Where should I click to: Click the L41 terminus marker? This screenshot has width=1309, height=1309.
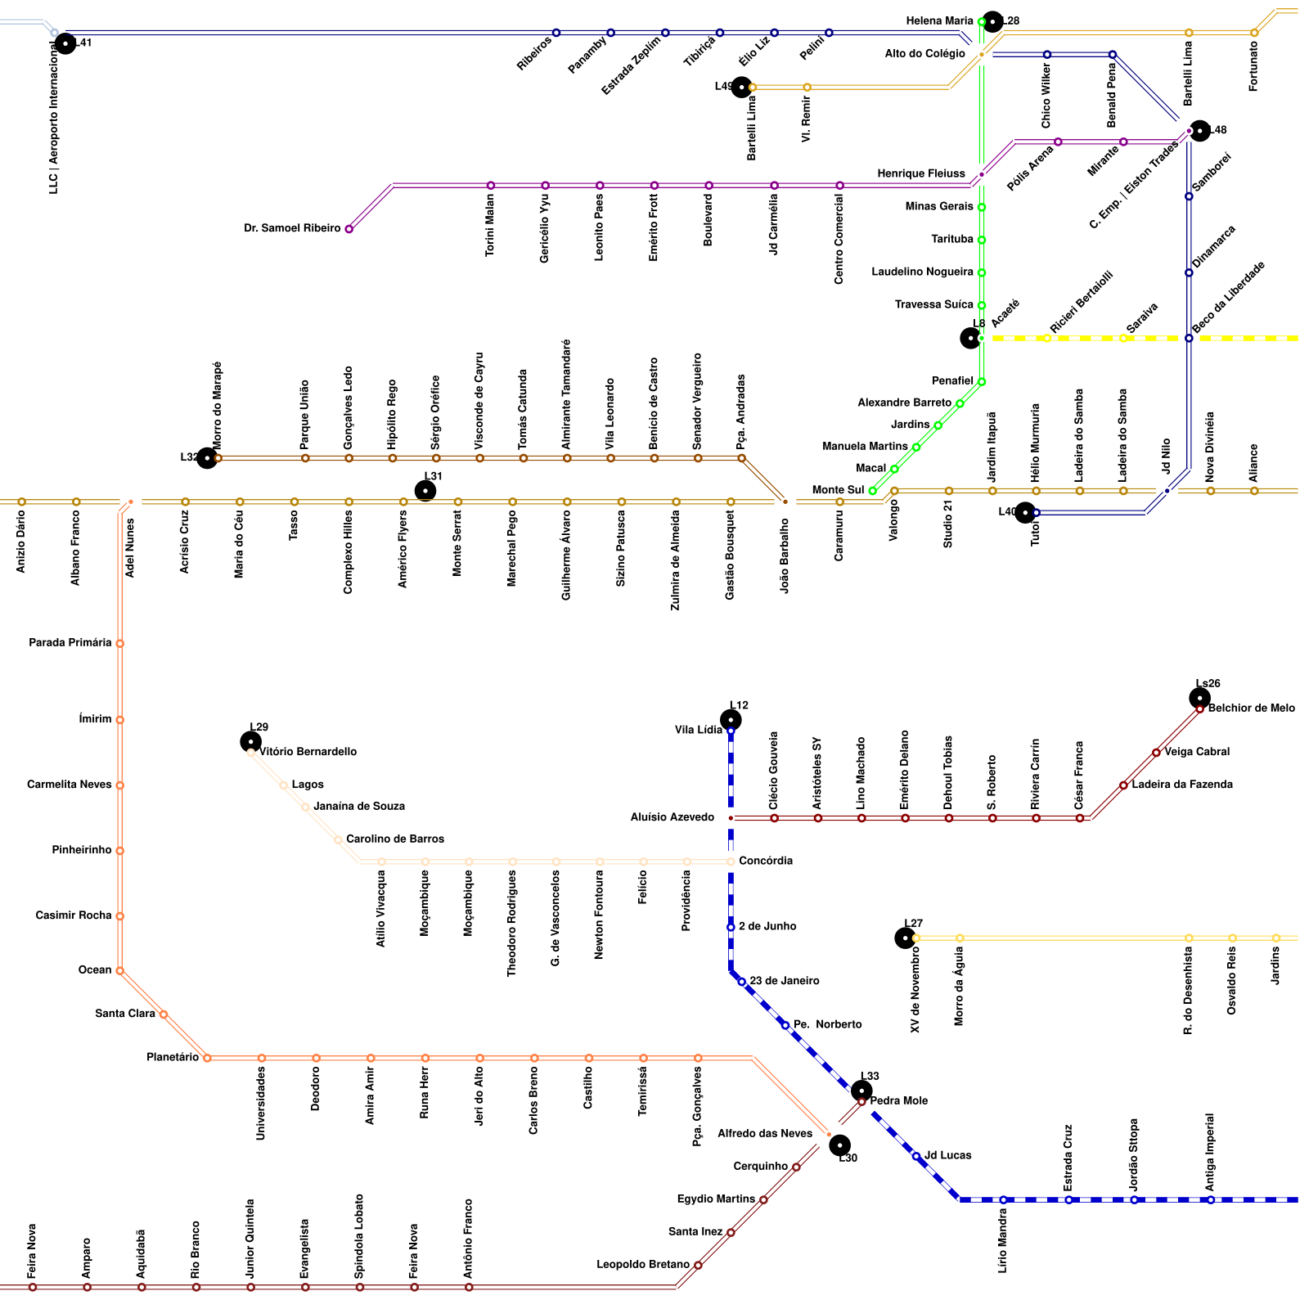tap(65, 43)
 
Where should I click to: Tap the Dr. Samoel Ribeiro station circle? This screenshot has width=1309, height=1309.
tap(349, 229)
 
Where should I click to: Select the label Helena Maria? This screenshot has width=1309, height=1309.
tap(939, 21)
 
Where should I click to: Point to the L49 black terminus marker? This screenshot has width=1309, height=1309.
tap(741, 87)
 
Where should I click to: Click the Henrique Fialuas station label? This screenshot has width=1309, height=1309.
tap(920, 174)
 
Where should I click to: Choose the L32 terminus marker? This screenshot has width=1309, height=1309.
tap(207, 458)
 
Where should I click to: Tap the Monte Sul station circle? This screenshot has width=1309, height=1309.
tap(873, 491)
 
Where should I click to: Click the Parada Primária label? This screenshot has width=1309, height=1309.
tap(70, 643)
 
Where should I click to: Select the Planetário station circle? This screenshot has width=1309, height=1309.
tap(207, 1058)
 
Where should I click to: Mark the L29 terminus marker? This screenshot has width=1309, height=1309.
tap(250, 741)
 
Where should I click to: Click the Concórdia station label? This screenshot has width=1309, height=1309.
tap(765, 861)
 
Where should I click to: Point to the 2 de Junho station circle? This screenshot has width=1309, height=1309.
tap(731, 927)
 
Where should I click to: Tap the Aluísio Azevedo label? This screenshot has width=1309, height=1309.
tap(672, 818)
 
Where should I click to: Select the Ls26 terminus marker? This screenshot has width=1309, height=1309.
tap(1199, 698)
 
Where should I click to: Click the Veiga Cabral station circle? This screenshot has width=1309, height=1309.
tap(1156, 753)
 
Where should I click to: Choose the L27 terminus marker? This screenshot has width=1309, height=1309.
tap(905, 938)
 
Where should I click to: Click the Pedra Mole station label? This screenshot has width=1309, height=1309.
tap(898, 1101)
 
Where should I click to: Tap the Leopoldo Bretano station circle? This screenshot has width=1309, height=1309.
tap(698, 1265)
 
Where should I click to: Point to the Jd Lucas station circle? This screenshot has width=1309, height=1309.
tap(916, 1156)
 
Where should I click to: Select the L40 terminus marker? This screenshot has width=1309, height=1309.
tap(1025, 512)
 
